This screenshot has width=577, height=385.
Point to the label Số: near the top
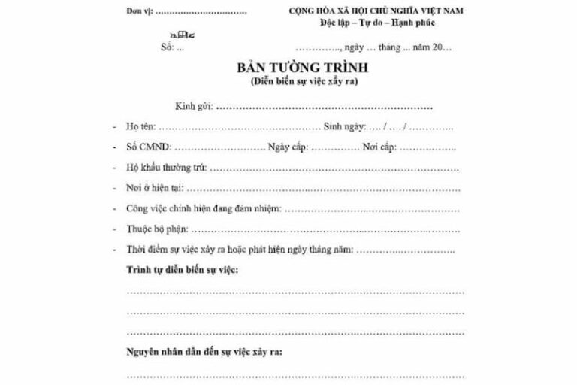[x=167, y=47]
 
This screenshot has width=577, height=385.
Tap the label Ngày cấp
[x=288, y=147]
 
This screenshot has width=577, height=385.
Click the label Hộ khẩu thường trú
[x=166, y=167]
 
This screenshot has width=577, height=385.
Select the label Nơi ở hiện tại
[x=153, y=187]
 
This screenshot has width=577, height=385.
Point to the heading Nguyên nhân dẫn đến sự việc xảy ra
[x=204, y=351]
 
